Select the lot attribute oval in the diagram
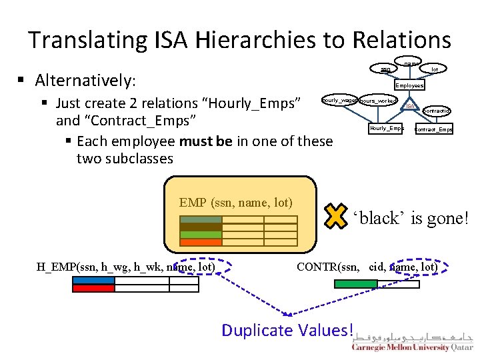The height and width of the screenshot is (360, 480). click(435, 69)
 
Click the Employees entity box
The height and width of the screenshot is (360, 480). click(409, 85)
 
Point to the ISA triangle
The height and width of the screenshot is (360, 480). click(411, 105)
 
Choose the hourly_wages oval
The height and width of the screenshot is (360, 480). click(339, 100)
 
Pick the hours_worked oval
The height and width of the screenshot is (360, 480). click(379, 101)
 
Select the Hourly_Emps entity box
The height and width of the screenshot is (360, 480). click(387, 128)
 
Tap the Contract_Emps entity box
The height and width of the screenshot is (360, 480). click(434, 129)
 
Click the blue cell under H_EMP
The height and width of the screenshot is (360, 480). click(93, 280)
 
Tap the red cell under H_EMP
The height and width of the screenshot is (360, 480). click(93, 288)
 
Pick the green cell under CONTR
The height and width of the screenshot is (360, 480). click(355, 284)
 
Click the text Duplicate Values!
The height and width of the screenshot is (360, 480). click(287, 330)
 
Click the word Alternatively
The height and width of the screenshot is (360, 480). click(85, 81)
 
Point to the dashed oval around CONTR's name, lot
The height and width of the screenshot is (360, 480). click(420, 267)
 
